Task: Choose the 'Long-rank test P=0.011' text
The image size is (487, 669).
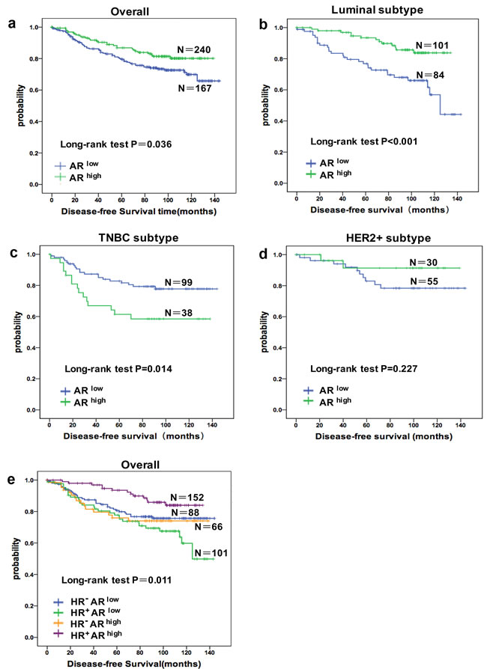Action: click(107, 580)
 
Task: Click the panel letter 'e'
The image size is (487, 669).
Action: click(11, 469)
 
